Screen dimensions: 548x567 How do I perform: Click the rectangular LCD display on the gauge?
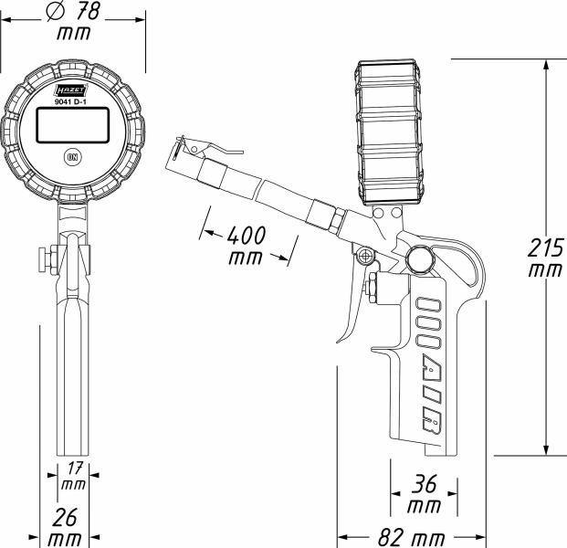pyautogui.click(x=72, y=126)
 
